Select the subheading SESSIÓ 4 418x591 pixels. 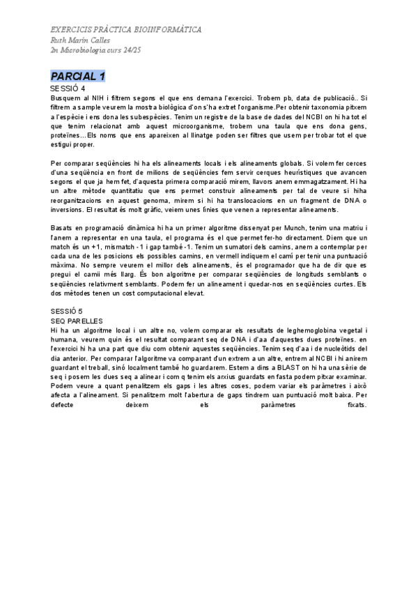tap(68, 89)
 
